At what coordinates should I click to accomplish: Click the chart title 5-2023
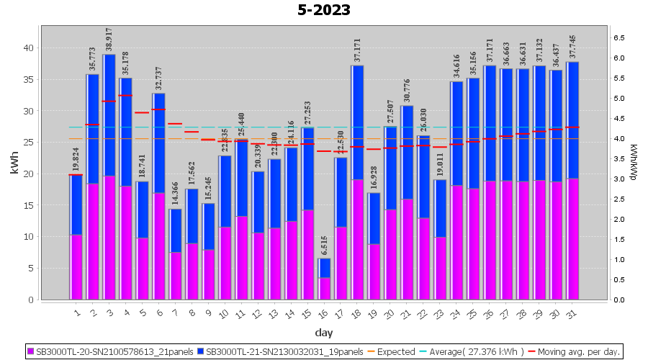(324, 10)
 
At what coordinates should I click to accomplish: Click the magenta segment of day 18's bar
(357, 239)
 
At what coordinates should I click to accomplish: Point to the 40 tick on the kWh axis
(29, 48)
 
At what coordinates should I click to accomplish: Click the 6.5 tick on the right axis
(618, 37)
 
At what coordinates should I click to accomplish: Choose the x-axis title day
(324, 332)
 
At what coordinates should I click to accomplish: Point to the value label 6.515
(324, 246)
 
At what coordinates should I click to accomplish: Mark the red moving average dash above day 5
(142, 112)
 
